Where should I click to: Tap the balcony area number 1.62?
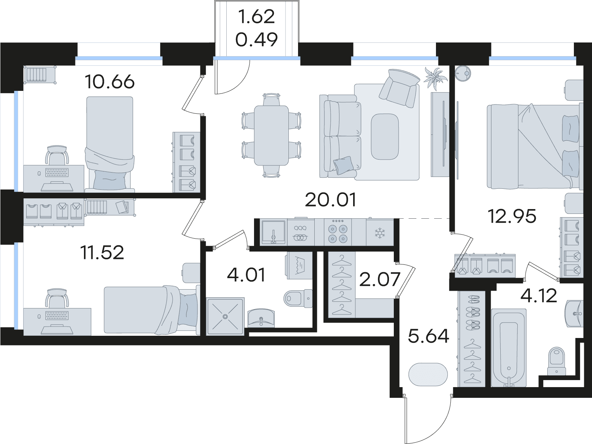tap(257, 17)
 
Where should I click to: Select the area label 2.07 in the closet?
tap(379, 279)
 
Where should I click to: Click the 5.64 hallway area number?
tap(428, 336)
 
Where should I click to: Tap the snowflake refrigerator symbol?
tap(380, 233)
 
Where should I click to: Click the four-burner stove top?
tap(337, 232)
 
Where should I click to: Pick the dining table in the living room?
tap(271, 136)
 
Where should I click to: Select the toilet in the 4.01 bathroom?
tap(298, 298)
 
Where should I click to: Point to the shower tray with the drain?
tap(225, 316)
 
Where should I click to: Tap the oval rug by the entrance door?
tap(428, 375)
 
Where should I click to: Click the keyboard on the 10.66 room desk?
tap(57, 173)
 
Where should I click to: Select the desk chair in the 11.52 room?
tap(57, 298)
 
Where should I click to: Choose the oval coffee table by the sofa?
tap(385, 137)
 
